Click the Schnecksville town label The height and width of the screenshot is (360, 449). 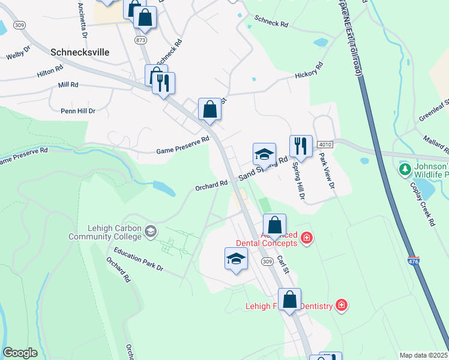[x=80, y=52]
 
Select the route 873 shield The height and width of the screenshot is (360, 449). [x=140, y=40]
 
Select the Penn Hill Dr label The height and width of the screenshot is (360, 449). [x=78, y=111]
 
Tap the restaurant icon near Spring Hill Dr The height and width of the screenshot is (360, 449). [x=301, y=146]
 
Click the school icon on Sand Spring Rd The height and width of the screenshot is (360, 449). [x=264, y=154]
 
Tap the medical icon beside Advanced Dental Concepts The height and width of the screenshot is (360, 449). [x=307, y=238]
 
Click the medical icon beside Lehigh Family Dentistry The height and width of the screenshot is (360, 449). [x=342, y=305]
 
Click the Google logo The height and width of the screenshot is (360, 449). [x=20, y=353]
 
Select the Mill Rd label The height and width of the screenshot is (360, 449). [x=68, y=85]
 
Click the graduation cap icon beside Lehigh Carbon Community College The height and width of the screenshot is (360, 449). [x=151, y=231]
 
